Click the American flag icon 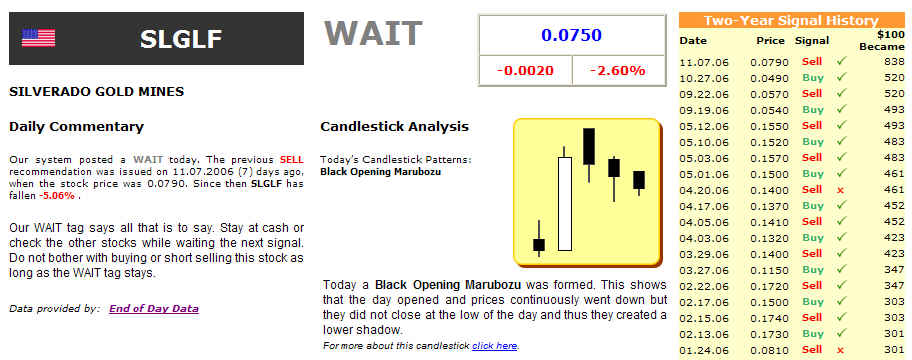click(x=38, y=38)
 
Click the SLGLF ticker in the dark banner click(x=180, y=39)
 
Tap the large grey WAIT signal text click(x=372, y=33)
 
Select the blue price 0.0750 click(x=571, y=35)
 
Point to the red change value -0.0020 click(x=525, y=71)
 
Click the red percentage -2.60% click(x=618, y=71)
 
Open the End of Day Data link click(x=154, y=309)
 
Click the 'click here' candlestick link click(x=494, y=346)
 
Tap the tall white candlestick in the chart click(x=564, y=204)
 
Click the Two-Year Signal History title click(x=791, y=21)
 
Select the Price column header click(x=771, y=41)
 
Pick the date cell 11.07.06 click(x=704, y=62)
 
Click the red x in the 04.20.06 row click(x=840, y=190)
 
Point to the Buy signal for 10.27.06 click(x=813, y=77)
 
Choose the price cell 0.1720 click(x=770, y=286)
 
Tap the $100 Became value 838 click(x=895, y=62)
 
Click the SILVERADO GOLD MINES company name click(x=97, y=92)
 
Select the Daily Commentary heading click(x=76, y=126)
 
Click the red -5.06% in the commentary click(x=56, y=196)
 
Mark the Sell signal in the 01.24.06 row click(x=812, y=350)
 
